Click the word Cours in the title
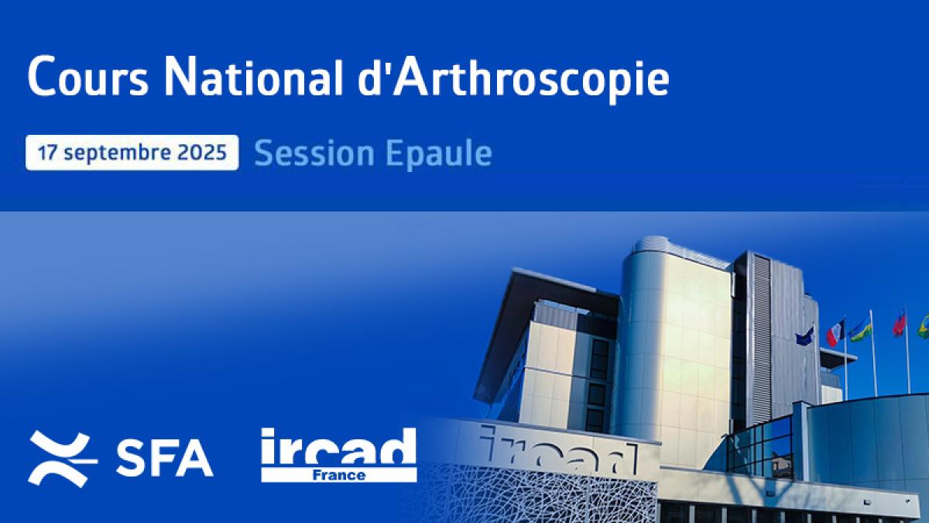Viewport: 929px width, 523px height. (88, 77)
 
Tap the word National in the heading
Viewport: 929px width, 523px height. (253, 77)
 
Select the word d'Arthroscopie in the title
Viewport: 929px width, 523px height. (513, 80)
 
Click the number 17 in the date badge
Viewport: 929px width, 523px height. (47, 153)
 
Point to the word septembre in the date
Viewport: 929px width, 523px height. (118, 153)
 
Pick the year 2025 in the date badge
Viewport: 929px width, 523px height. (202, 153)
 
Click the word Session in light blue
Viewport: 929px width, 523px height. (314, 153)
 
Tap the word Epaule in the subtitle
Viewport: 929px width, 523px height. (439, 154)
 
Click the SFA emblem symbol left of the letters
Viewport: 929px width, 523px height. (62, 459)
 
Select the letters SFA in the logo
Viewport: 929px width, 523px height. (165, 459)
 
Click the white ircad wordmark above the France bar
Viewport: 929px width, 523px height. (338, 447)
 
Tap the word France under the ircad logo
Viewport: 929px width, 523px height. (339, 475)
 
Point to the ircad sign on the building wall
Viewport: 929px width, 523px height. (559, 450)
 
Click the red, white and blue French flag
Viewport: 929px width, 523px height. (835, 333)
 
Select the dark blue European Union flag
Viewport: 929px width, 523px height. (805, 336)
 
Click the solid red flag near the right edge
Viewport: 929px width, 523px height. (899, 325)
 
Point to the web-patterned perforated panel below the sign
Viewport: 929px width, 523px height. (539, 494)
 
